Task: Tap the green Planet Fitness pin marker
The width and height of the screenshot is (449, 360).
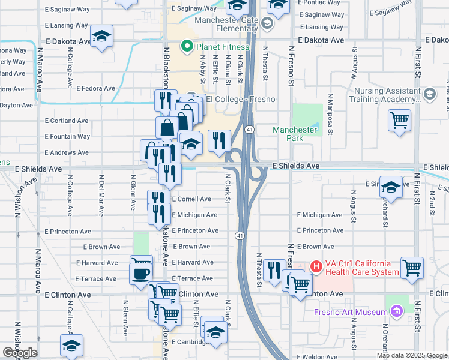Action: click(x=187, y=46)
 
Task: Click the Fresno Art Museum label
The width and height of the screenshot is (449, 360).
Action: click(x=351, y=312)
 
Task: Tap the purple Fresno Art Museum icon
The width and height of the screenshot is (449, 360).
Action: click(x=396, y=311)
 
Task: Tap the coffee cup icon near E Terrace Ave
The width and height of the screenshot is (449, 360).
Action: click(x=141, y=273)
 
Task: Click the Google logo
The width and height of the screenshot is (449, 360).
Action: click(x=20, y=353)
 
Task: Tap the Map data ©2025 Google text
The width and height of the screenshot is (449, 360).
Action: click(x=411, y=355)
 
